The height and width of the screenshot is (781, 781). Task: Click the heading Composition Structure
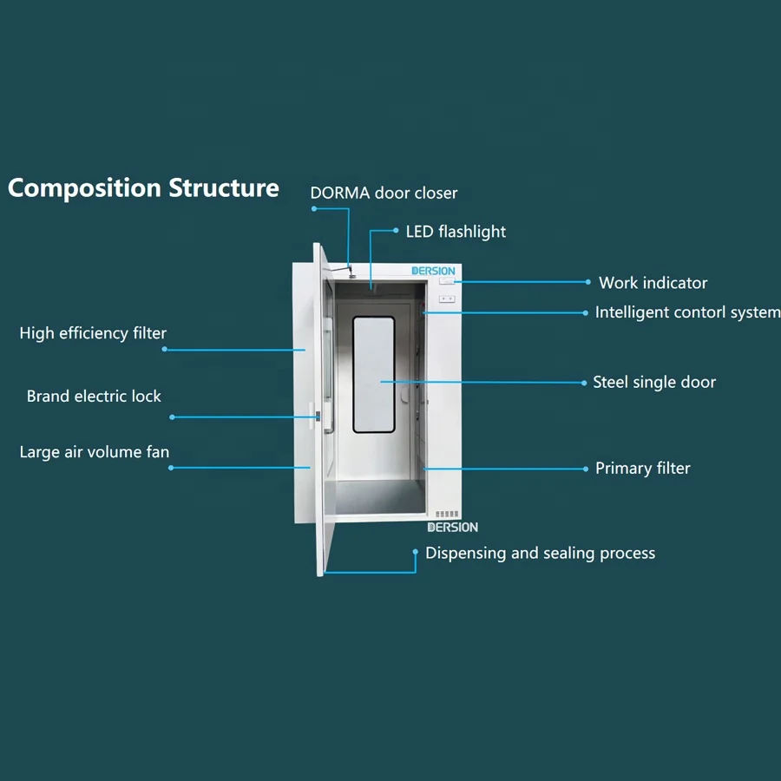[143, 188]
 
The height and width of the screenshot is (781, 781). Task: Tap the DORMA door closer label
[384, 193]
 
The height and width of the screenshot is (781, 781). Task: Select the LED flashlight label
[456, 232]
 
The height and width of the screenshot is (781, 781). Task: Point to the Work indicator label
[653, 283]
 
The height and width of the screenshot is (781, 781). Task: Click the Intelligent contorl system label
[687, 312]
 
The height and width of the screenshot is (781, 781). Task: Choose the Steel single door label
[654, 382]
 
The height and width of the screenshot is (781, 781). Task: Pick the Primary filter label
[642, 469]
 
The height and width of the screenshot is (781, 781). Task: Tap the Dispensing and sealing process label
[540, 554]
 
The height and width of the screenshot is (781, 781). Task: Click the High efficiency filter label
[93, 333]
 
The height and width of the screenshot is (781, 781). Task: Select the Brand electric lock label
[94, 397]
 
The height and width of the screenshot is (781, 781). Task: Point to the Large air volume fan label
[95, 452]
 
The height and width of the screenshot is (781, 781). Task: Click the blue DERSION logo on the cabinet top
[433, 271]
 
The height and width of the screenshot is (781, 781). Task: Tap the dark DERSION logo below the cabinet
[452, 527]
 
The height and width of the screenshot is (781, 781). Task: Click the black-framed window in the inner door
[373, 374]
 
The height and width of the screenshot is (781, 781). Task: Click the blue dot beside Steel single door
[584, 382]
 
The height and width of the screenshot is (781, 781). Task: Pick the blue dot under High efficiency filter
[165, 350]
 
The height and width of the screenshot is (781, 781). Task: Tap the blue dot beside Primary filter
[587, 469]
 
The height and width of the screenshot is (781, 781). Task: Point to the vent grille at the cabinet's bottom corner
[446, 514]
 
